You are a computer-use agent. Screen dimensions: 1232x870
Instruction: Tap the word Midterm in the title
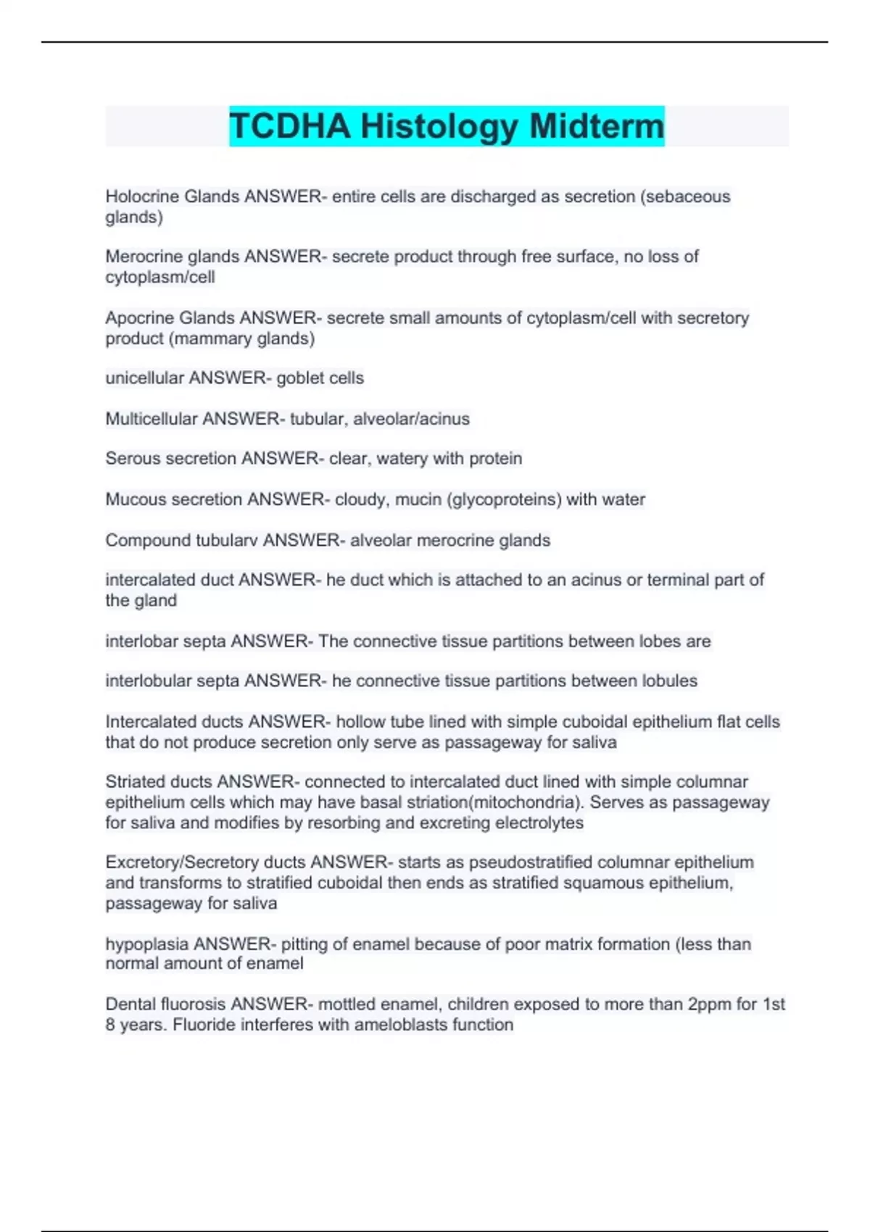pyautogui.click(x=596, y=126)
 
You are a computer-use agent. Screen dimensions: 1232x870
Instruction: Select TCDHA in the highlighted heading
pyautogui.click(x=290, y=126)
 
